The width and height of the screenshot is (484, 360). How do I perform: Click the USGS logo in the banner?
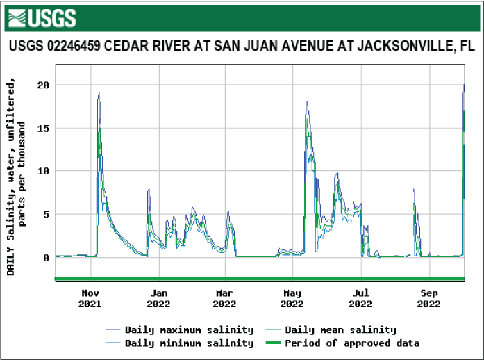pyautogui.click(x=42, y=17)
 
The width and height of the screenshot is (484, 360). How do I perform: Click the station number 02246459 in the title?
pyautogui.click(x=71, y=47)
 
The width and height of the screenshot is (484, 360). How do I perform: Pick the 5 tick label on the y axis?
pyautogui.click(x=45, y=214)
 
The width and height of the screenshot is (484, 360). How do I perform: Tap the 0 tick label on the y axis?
pyautogui.click(x=45, y=257)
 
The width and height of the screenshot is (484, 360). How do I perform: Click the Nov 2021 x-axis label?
pyautogui.click(x=90, y=298)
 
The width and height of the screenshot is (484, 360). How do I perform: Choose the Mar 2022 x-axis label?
pyautogui.click(x=224, y=298)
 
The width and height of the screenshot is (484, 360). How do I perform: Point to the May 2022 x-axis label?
pyautogui.click(x=292, y=298)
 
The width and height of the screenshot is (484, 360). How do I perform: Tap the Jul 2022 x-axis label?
pyautogui.click(x=360, y=298)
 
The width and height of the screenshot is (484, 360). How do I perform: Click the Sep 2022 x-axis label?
pyautogui.click(x=428, y=298)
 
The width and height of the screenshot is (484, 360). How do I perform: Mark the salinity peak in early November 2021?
pyautogui.click(x=99, y=93)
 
